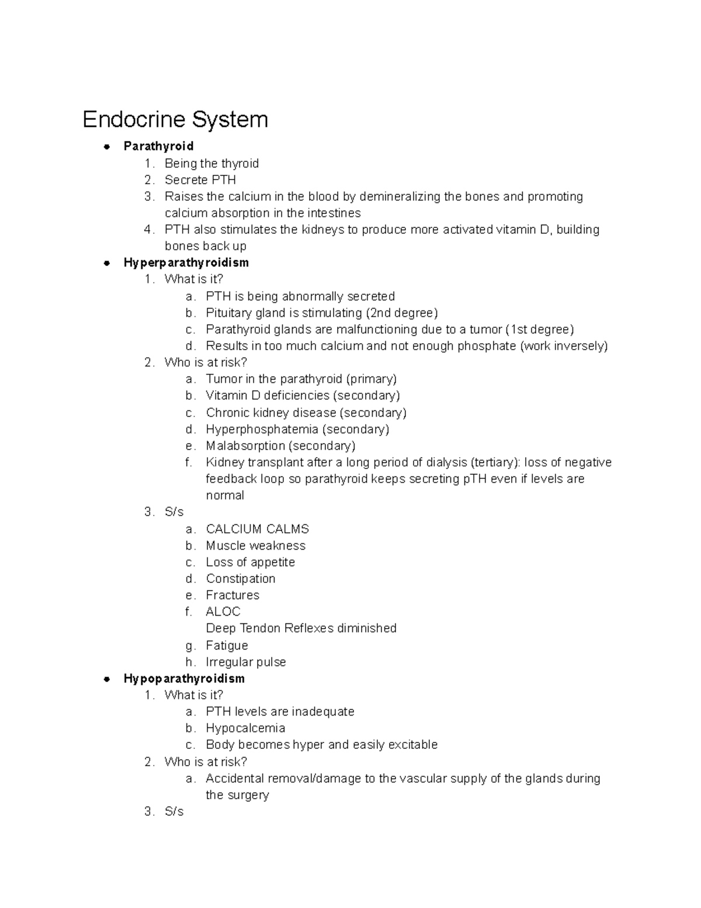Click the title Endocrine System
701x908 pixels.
pyautogui.click(x=175, y=119)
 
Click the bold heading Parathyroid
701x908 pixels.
pyautogui.click(x=158, y=146)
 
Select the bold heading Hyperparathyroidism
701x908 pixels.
pyautogui.click(x=186, y=263)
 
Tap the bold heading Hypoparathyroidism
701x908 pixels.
pyautogui.click(x=184, y=679)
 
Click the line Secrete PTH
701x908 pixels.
pyautogui.click(x=200, y=180)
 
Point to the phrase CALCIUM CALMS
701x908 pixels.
pyautogui.click(x=257, y=529)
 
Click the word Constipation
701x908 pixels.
pyautogui.click(x=240, y=579)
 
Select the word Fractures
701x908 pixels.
pyautogui.click(x=232, y=595)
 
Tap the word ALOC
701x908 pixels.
pyautogui.click(x=223, y=612)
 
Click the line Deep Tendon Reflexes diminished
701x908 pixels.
pyautogui.click(x=301, y=629)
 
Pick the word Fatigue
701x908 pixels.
pyautogui.click(x=227, y=645)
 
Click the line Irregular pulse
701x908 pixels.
pyautogui.click(x=246, y=662)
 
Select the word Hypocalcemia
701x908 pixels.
pyautogui.click(x=245, y=729)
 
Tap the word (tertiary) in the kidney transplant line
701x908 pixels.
pyautogui.click(x=495, y=462)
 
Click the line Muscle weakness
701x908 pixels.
pyautogui.click(x=255, y=546)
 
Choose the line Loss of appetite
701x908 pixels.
pyautogui.click(x=250, y=562)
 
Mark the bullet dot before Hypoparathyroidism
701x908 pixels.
pyautogui.click(x=106, y=679)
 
